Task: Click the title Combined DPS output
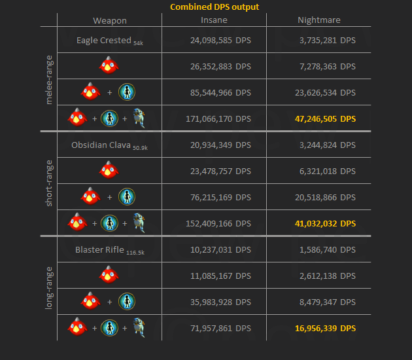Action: pos(214,7)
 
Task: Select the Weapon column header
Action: pos(109,20)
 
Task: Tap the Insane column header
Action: pos(214,20)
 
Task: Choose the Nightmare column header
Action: pos(318,20)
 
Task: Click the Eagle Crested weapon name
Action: pos(104,40)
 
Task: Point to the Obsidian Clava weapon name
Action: pos(101,145)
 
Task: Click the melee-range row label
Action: pos(48,78)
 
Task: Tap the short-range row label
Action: pos(48,183)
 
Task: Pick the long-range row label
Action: pos(48,288)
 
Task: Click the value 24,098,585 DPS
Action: pos(219,40)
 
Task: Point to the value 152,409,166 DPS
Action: pos(216,223)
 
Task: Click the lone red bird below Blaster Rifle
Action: pos(109,275)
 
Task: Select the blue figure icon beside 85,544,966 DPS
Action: pos(126,92)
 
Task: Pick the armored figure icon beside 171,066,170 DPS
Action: pos(137,118)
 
